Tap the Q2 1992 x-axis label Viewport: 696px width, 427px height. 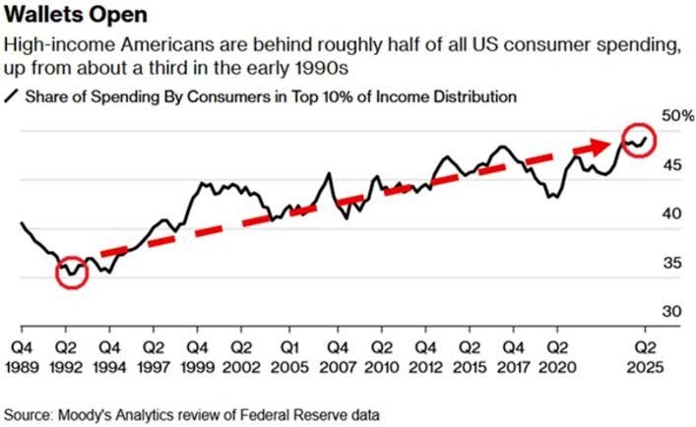tap(67, 356)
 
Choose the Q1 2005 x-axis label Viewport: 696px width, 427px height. tap(287, 356)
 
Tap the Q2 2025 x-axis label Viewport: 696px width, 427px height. tap(645, 356)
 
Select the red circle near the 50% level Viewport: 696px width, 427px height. tap(640, 141)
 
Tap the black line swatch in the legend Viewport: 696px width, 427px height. tap(13, 96)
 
